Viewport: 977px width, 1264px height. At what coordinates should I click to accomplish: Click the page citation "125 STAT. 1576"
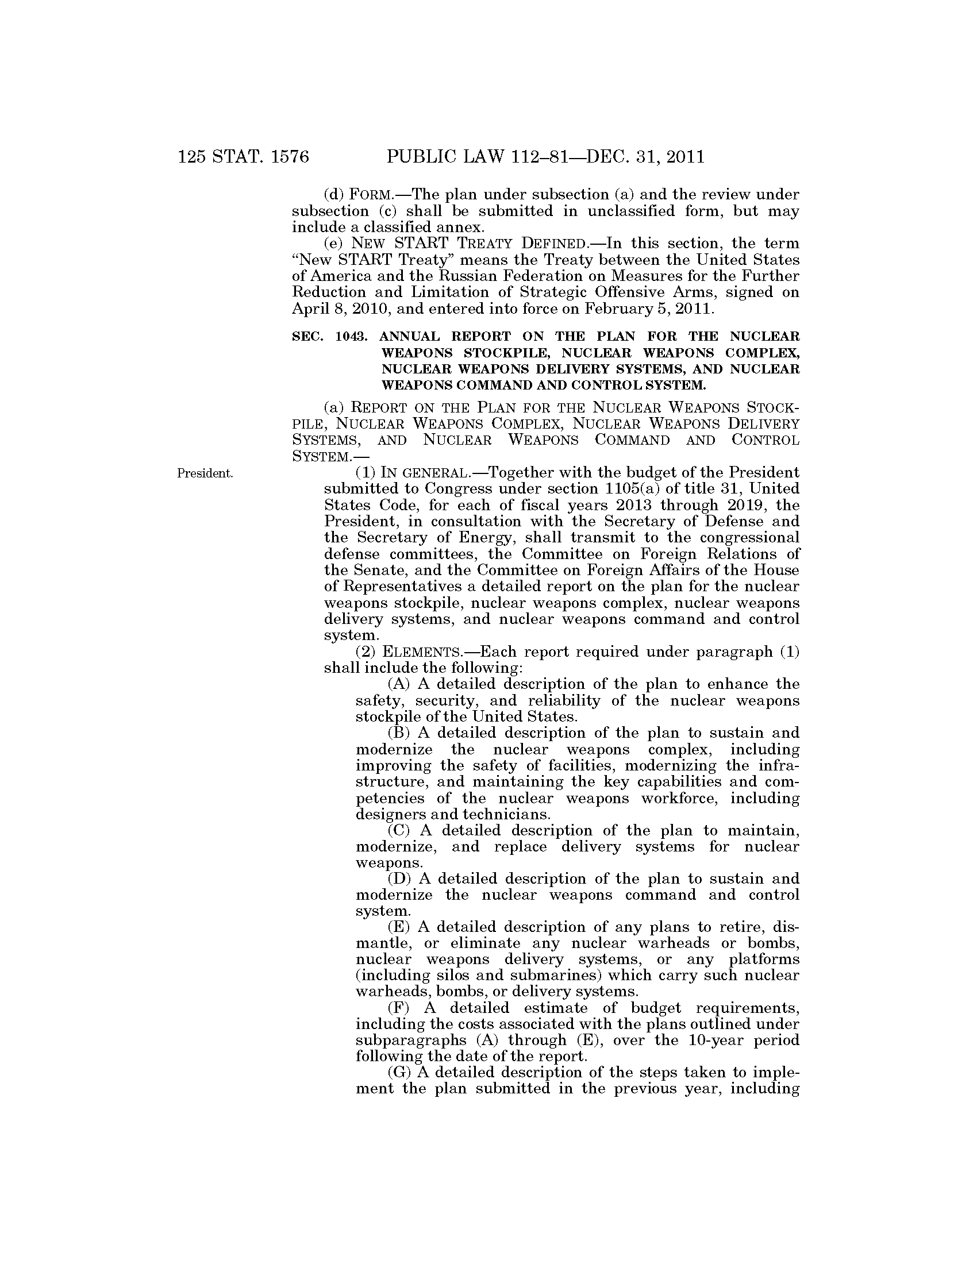[243, 157]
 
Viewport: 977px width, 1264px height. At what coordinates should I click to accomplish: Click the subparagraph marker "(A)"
[399, 684]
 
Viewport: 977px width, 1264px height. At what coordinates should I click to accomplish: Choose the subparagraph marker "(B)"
[399, 733]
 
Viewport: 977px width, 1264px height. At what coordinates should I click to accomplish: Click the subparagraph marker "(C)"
[399, 831]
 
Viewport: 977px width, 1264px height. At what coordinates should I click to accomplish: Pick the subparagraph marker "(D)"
[399, 879]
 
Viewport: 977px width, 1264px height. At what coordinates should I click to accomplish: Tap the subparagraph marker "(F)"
[399, 1008]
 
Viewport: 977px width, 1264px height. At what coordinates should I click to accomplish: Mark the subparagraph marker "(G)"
[399, 1072]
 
